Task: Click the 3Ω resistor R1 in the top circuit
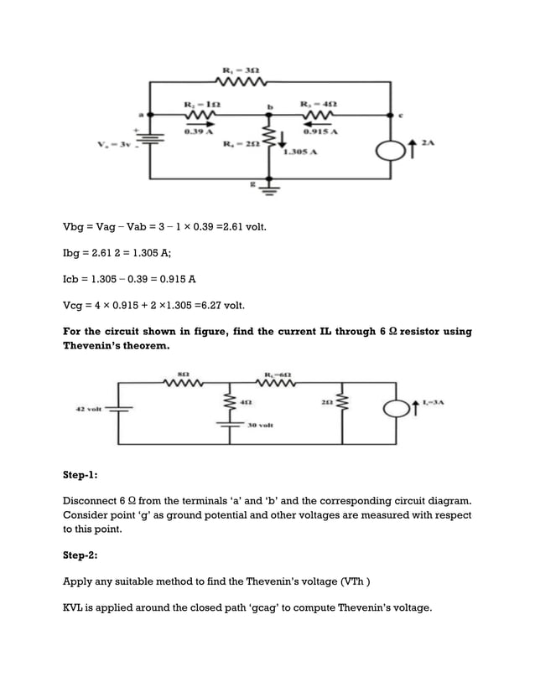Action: pyautogui.click(x=242, y=81)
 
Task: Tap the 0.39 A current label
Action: pyautogui.click(x=197, y=132)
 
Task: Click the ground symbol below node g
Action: pyautogui.click(x=269, y=190)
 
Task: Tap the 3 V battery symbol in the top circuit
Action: pyautogui.click(x=151, y=143)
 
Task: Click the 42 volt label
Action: pyautogui.click(x=89, y=409)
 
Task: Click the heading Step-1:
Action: pyautogui.click(x=81, y=474)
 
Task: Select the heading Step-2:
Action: pyautogui.click(x=81, y=555)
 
